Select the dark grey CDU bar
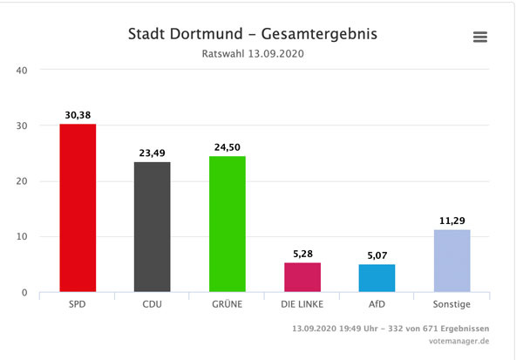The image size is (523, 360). tap(153, 227)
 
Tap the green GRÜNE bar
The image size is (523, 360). tap(228, 224)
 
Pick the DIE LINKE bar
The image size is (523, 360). tap(302, 277)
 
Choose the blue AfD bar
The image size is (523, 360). tap(377, 278)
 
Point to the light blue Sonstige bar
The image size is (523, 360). tap(452, 261)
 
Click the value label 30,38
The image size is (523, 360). tap(78, 115)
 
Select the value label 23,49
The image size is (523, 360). tap(153, 153)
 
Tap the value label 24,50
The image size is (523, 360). tap(228, 147)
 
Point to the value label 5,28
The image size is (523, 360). tap(302, 254)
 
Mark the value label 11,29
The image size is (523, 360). tap(452, 221)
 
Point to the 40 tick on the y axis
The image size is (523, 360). tap(23, 71)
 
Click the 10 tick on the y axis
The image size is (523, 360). tap(23, 237)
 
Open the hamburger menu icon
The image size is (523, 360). tap(479, 37)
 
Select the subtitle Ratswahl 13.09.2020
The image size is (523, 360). tap(253, 54)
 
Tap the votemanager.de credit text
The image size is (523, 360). tap(464, 343)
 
